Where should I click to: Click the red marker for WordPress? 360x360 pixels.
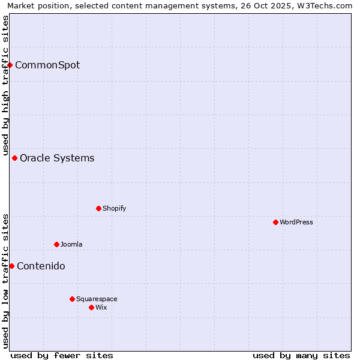(275, 222)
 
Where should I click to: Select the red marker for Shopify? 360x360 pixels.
(98, 208)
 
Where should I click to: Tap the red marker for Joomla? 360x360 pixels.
(56, 244)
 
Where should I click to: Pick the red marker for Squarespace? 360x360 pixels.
(72, 299)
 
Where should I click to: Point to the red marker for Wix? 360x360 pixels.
(91, 307)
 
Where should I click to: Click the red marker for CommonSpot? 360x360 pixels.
(10, 65)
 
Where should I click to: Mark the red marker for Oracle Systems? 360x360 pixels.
(15, 158)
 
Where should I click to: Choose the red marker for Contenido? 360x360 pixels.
(11, 266)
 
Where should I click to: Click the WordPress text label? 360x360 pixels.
(296, 222)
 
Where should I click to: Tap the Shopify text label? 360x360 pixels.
(114, 208)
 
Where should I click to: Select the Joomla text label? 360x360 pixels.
(71, 244)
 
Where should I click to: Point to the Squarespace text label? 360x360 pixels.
(97, 299)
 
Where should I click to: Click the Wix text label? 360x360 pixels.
(101, 307)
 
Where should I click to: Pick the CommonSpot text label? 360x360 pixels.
(47, 65)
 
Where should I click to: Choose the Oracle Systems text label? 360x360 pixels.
(57, 158)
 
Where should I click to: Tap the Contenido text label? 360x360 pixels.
(41, 266)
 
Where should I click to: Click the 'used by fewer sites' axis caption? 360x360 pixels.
(62, 355)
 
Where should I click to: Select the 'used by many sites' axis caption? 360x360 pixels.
(301, 355)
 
